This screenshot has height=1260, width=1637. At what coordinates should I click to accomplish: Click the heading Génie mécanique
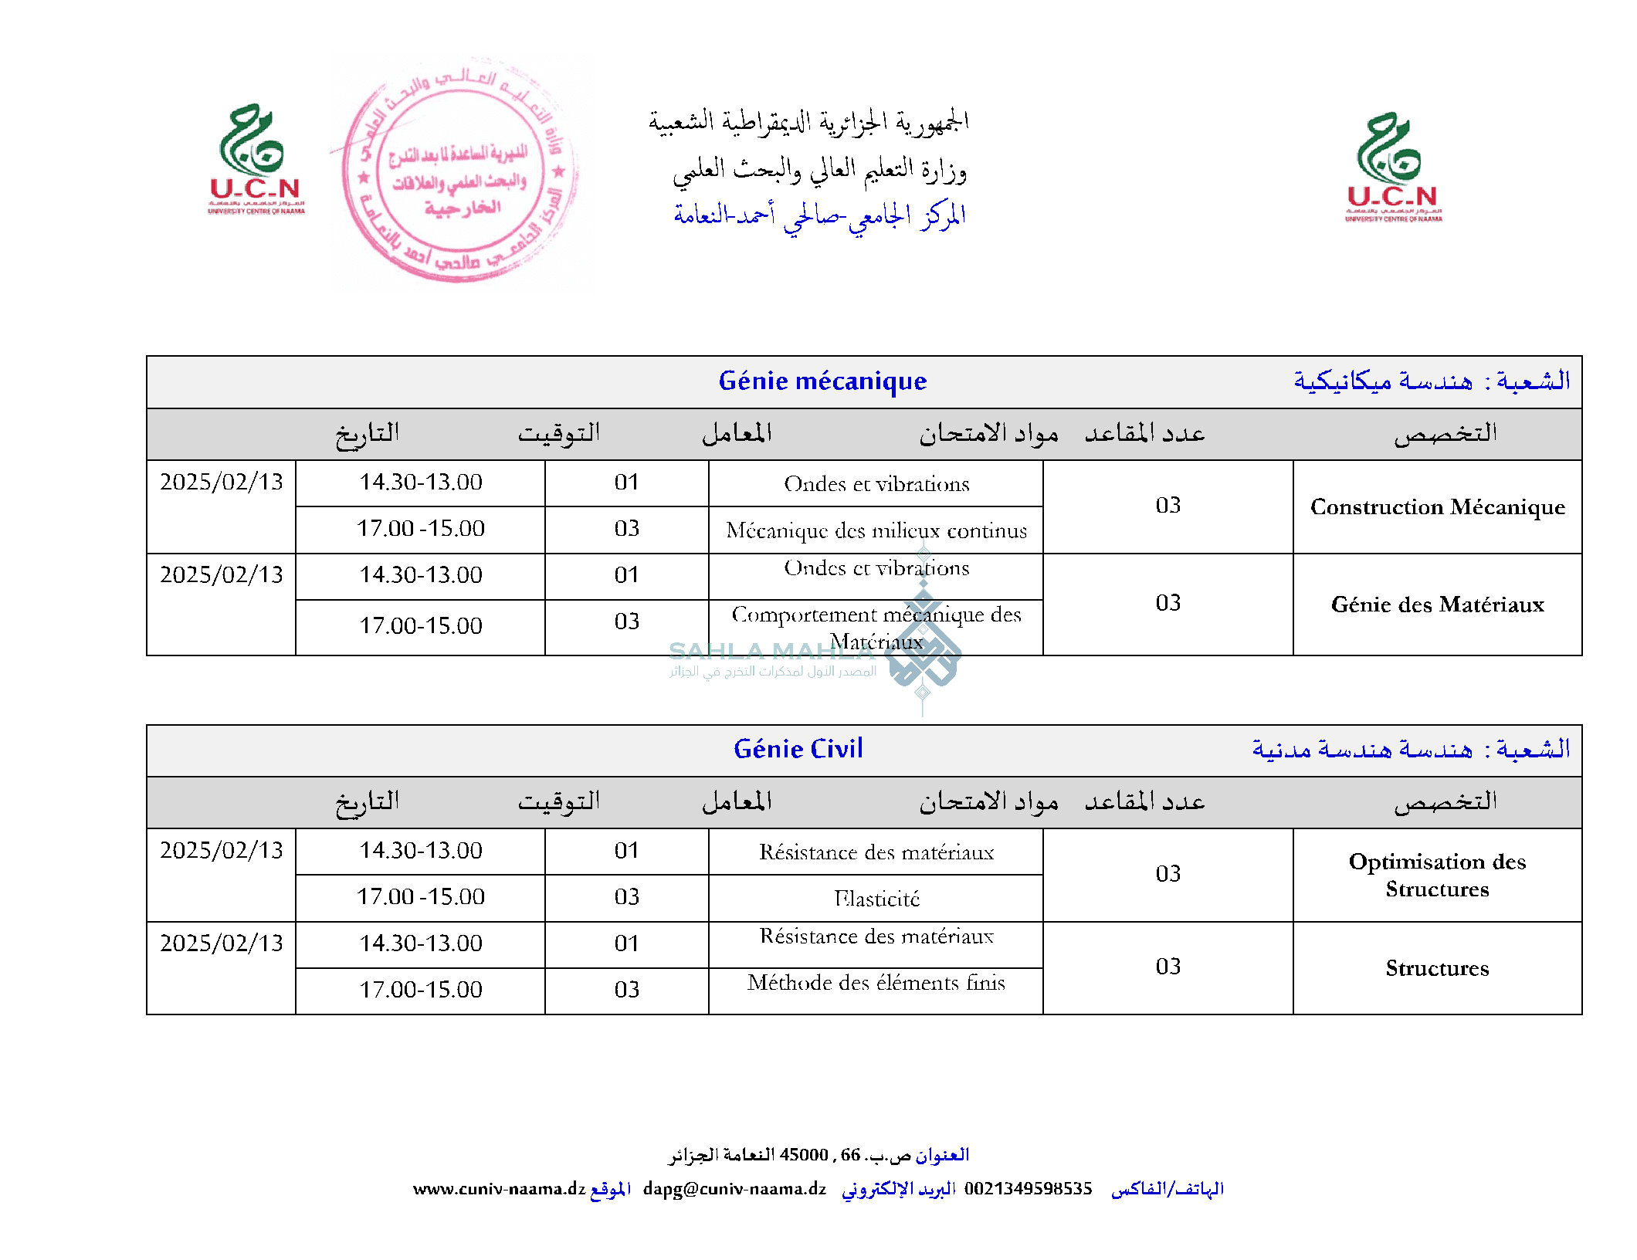coord(822,381)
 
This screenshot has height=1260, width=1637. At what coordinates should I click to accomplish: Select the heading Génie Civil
coord(798,750)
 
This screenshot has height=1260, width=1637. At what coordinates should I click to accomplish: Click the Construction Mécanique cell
coord(1437,507)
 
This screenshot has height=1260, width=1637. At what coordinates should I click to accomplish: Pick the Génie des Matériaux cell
coord(1437,605)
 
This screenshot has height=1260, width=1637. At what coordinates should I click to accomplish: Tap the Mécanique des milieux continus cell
coord(876,530)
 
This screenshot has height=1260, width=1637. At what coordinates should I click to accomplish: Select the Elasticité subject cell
coord(876,899)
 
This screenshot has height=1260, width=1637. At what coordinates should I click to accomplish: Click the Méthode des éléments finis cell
coord(876,983)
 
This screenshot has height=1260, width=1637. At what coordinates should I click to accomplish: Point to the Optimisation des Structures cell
coord(1437,875)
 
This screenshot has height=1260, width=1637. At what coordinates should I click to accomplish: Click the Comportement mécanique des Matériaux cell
coord(876,627)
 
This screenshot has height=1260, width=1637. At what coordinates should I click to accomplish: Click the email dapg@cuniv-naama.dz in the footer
coord(734,1189)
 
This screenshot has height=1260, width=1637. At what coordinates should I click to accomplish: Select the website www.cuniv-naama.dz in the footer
coord(499,1189)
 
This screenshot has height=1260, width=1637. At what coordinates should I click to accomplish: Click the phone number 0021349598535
coord(1028,1189)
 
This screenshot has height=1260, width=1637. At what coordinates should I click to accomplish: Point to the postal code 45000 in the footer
coord(804,1155)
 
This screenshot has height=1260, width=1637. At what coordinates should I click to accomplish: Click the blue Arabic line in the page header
coord(819,216)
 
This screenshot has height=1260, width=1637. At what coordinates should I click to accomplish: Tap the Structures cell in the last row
coord(1437,968)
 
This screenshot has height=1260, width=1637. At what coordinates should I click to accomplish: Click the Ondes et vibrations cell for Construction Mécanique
coord(876,484)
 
